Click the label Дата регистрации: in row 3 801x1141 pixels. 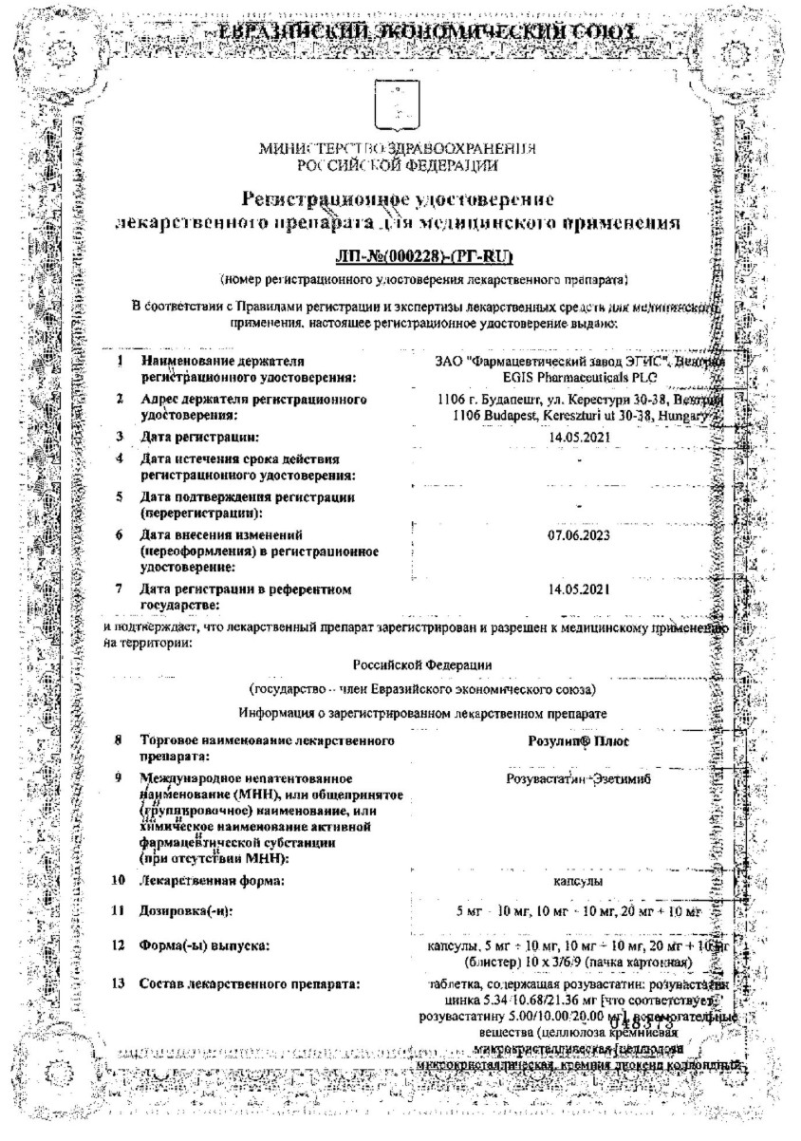pyautogui.click(x=199, y=437)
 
